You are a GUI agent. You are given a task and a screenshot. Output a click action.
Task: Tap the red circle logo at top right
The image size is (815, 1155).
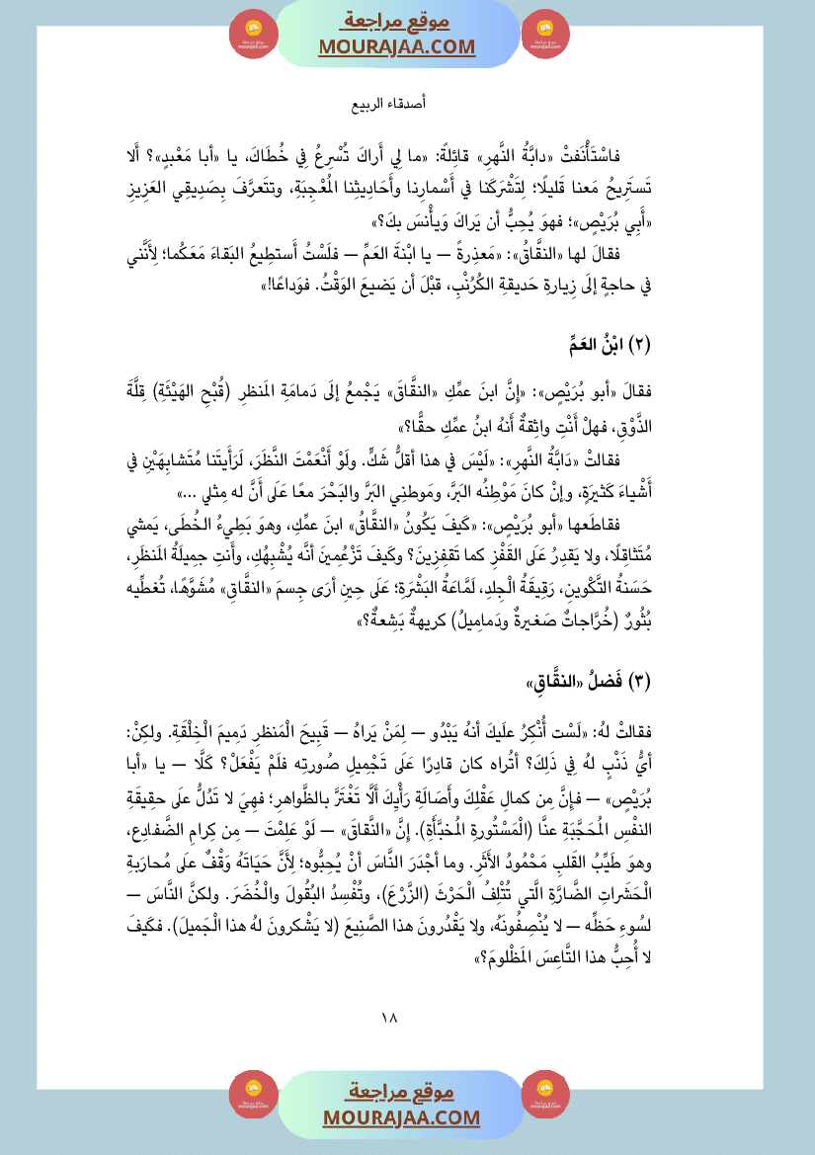click(545, 33)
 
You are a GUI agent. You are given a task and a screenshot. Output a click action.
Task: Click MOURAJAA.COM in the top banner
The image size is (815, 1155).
click(396, 46)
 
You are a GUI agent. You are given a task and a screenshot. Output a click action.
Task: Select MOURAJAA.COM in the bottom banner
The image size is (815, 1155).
click(400, 1116)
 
